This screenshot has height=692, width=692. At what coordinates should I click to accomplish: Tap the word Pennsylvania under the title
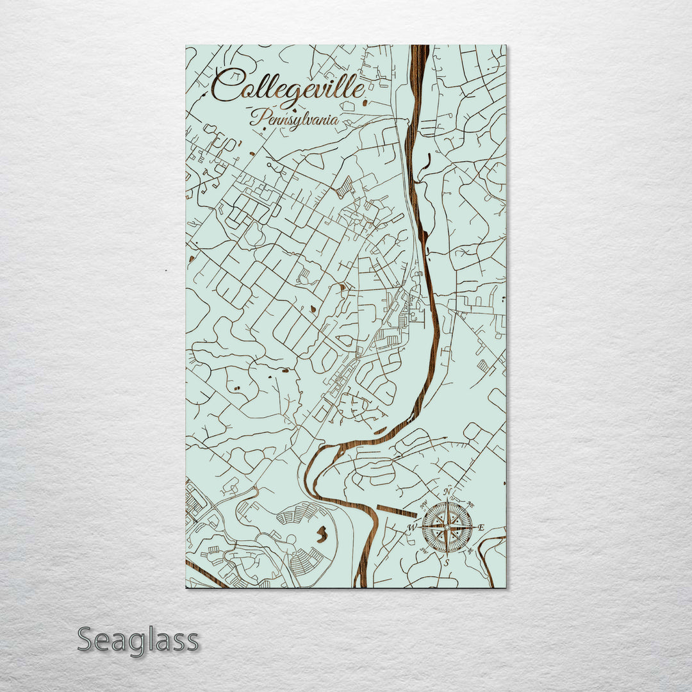point(295,118)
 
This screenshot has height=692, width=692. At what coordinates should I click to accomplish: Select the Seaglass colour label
point(138,639)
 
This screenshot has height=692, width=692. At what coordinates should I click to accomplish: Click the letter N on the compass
point(448,492)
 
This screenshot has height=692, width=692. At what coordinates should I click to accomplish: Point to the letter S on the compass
point(447,562)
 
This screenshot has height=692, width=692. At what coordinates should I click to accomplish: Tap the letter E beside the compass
point(481,527)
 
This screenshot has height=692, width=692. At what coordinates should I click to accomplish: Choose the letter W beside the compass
point(412,528)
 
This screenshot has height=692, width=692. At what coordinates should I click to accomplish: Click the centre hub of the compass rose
point(447,527)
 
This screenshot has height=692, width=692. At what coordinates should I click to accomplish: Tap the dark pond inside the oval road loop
point(322,532)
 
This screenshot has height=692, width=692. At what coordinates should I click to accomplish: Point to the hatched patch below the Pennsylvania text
point(344,186)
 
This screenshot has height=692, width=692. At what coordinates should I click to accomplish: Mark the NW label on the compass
point(424,504)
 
